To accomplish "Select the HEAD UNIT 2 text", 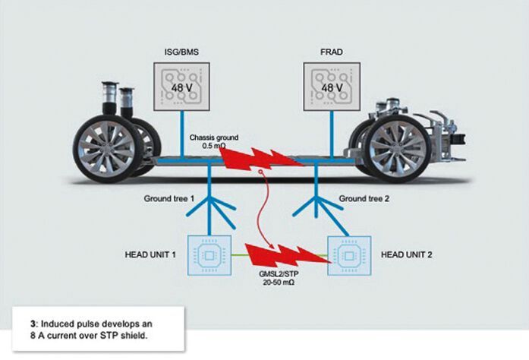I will pyautogui.click(x=401, y=253).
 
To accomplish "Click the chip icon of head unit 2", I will pyautogui.click(x=350, y=253).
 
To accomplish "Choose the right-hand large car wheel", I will pyautogui.click(x=392, y=146).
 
